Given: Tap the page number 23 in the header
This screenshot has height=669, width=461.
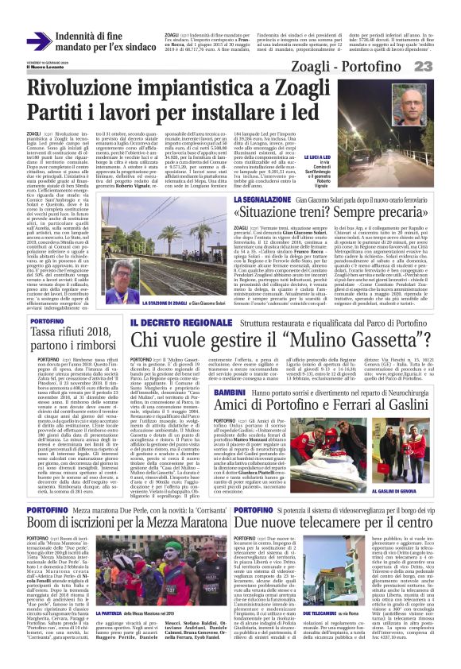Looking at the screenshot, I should (x=446, y=65).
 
